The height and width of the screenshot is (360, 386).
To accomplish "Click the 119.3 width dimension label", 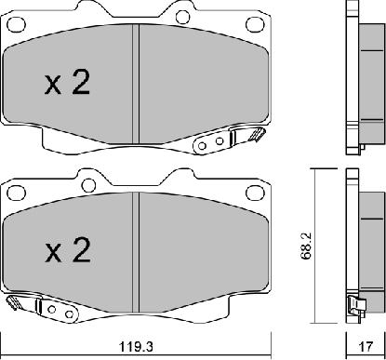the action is click(x=137, y=347).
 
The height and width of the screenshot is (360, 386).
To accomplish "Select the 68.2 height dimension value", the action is click(x=307, y=246).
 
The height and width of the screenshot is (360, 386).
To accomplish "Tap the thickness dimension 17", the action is click(x=366, y=347).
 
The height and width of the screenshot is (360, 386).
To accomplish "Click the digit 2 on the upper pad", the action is click(x=81, y=82).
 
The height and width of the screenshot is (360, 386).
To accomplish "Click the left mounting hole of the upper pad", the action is click(x=16, y=25).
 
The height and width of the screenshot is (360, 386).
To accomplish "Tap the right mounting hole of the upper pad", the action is click(x=255, y=24).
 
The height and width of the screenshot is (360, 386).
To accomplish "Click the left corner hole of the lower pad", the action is click(x=16, y=193).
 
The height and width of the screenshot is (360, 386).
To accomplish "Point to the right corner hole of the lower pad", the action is click(x=255, y=193).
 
